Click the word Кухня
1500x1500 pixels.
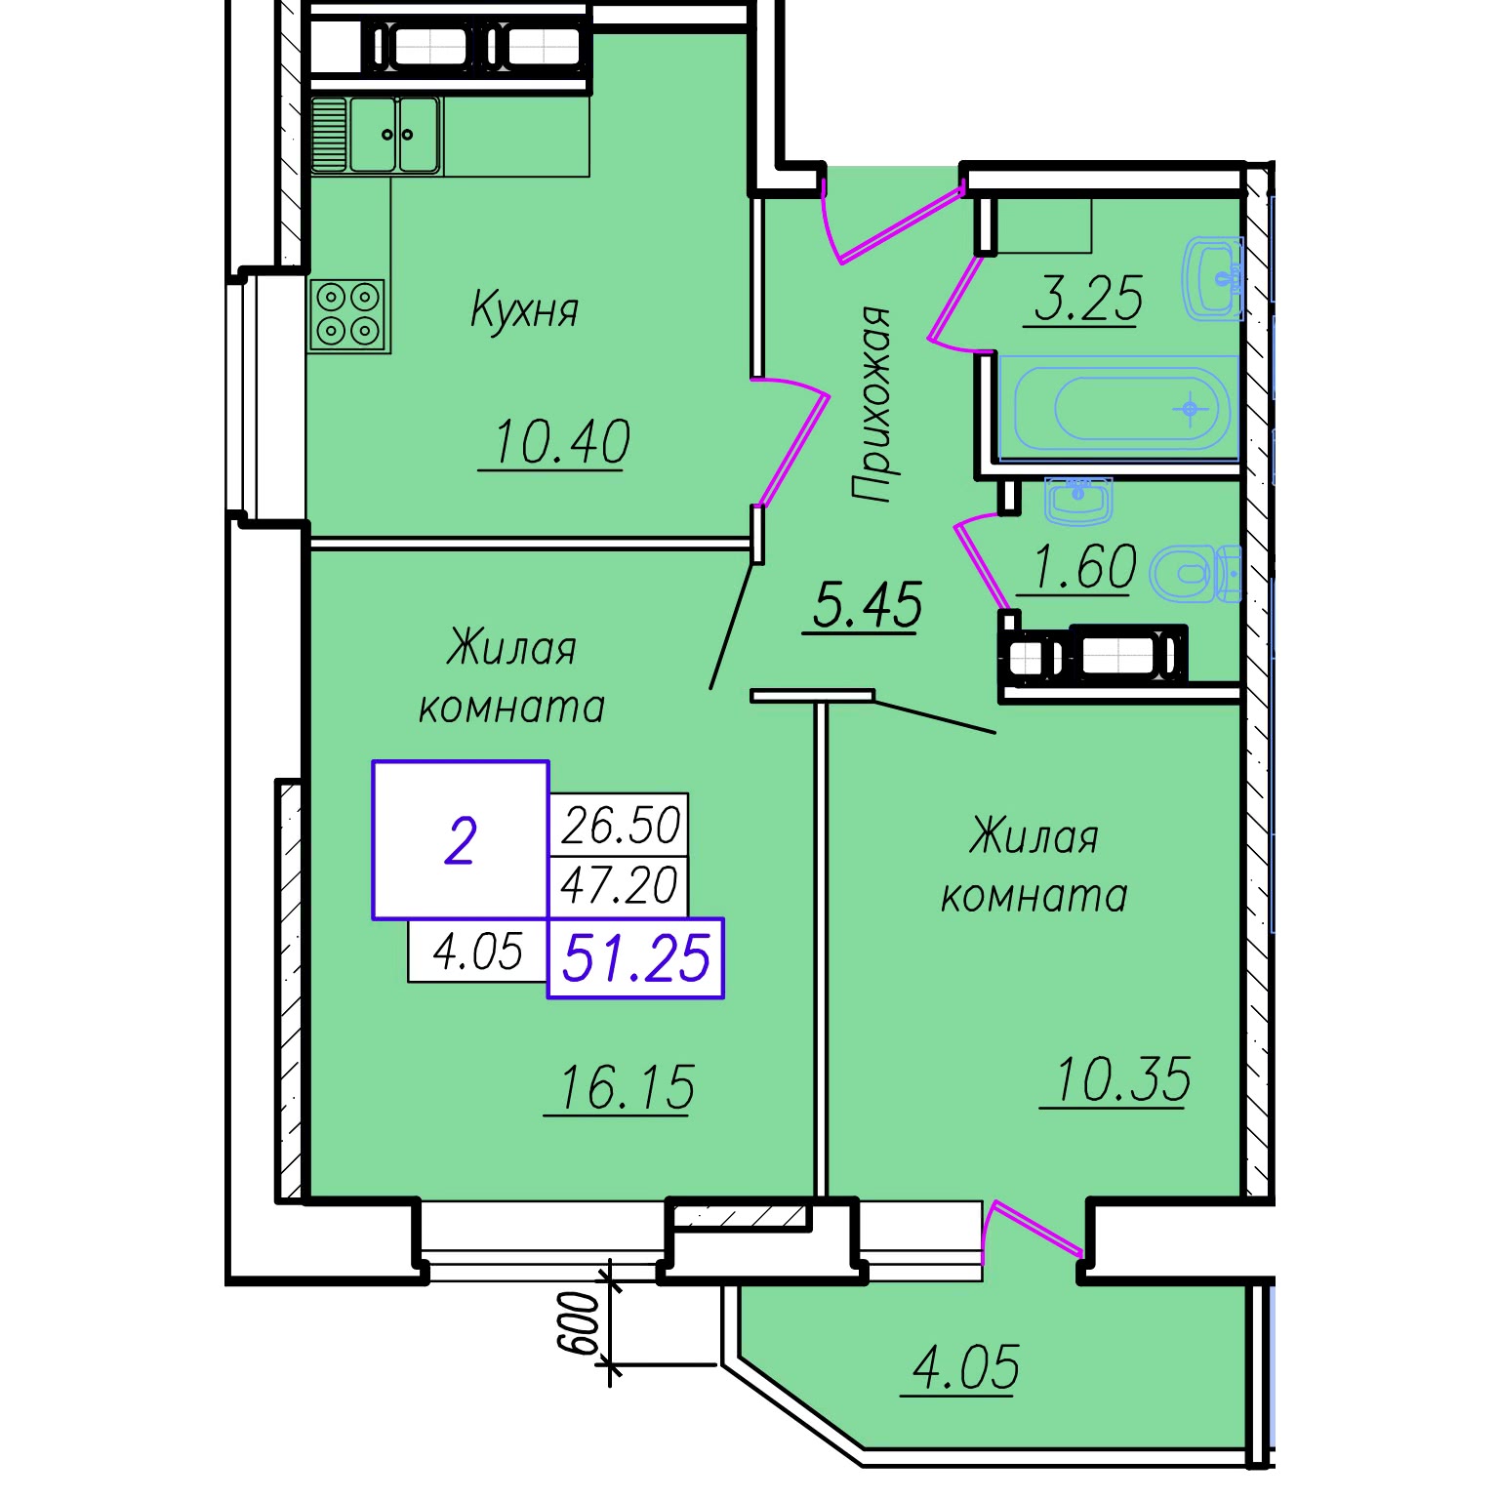pyautogui.click(x=524, y=309)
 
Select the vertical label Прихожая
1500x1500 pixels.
pyautogui.click(x=871, y=404)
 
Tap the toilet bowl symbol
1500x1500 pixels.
pyautogui.click(x=1194, y=573)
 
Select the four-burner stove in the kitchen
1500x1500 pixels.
pyautogui.click(x=348, y=315)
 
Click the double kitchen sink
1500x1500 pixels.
pyautogui.click(x=376, y=135)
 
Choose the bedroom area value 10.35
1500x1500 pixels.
pyautogui.click(x=1122, y=1079)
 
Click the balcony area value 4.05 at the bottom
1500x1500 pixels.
pyautogui.click(x=966, y=1366)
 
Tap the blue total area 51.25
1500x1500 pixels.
pyautogui.click(x=636, y=957)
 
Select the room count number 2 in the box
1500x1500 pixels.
pyautogui.click(x=460, y=841)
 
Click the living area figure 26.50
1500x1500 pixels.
pyautogui.click(x=621, y=825)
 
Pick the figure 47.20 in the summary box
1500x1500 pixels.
pyautogui.click(x=619, y=885)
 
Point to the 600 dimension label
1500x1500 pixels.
pyautogui.click(x=578, y=1323)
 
